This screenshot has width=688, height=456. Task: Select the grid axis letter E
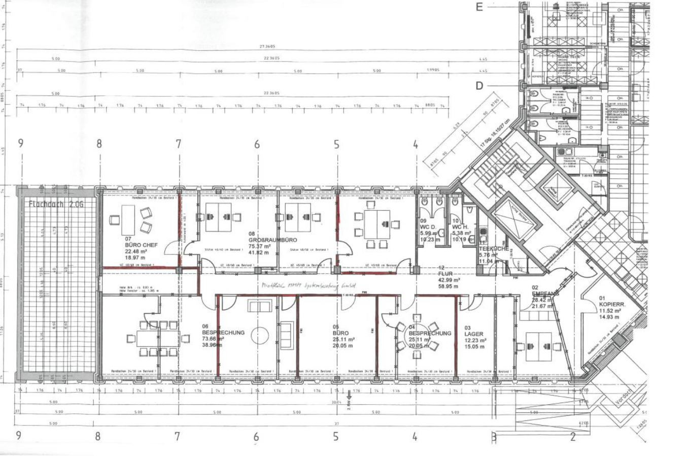tap(479, 7)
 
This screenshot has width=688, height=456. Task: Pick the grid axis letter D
tap(479, 86)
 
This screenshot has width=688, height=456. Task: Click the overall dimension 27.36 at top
tap(270, 46)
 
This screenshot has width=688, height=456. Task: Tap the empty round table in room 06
tap(260, 336)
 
